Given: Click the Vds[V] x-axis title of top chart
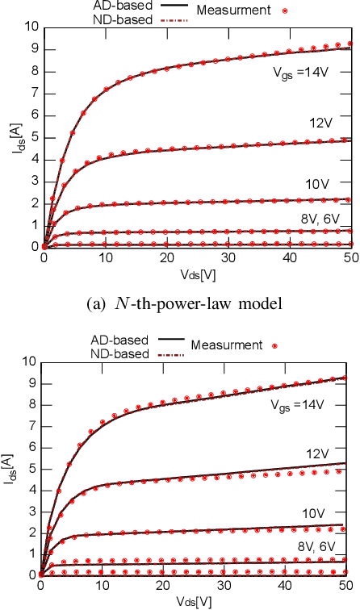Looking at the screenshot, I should click(x=195, y=274).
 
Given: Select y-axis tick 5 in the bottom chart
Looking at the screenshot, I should click(x=32, y=468).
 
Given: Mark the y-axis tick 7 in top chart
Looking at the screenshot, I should click(x=32, y=93).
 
